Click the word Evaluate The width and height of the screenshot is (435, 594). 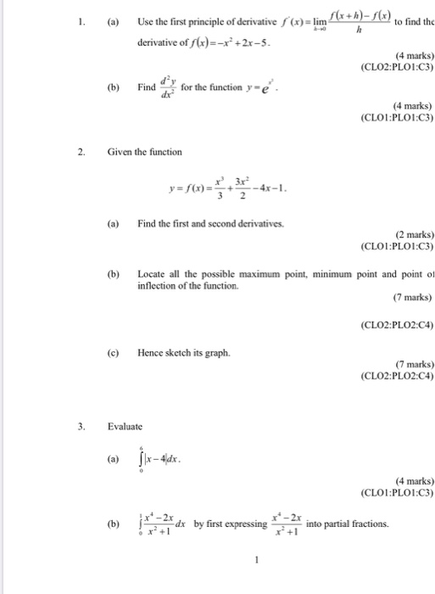[x=125, y=426]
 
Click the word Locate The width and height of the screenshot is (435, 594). [x=153, y=274]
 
